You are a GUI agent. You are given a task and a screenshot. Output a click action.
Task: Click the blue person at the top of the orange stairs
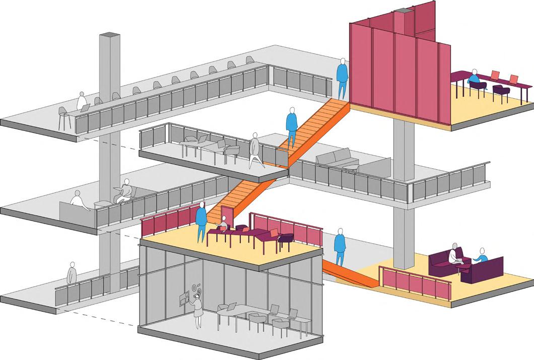342,79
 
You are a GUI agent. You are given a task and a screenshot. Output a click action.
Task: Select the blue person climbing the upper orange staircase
292,126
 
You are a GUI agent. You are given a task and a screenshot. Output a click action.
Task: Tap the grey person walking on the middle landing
255,150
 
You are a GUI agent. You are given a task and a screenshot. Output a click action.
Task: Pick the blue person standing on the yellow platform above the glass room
201,221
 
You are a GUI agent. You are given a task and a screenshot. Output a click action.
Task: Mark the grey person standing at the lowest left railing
72,274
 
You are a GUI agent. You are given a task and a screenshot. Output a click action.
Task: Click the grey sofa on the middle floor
337,160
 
